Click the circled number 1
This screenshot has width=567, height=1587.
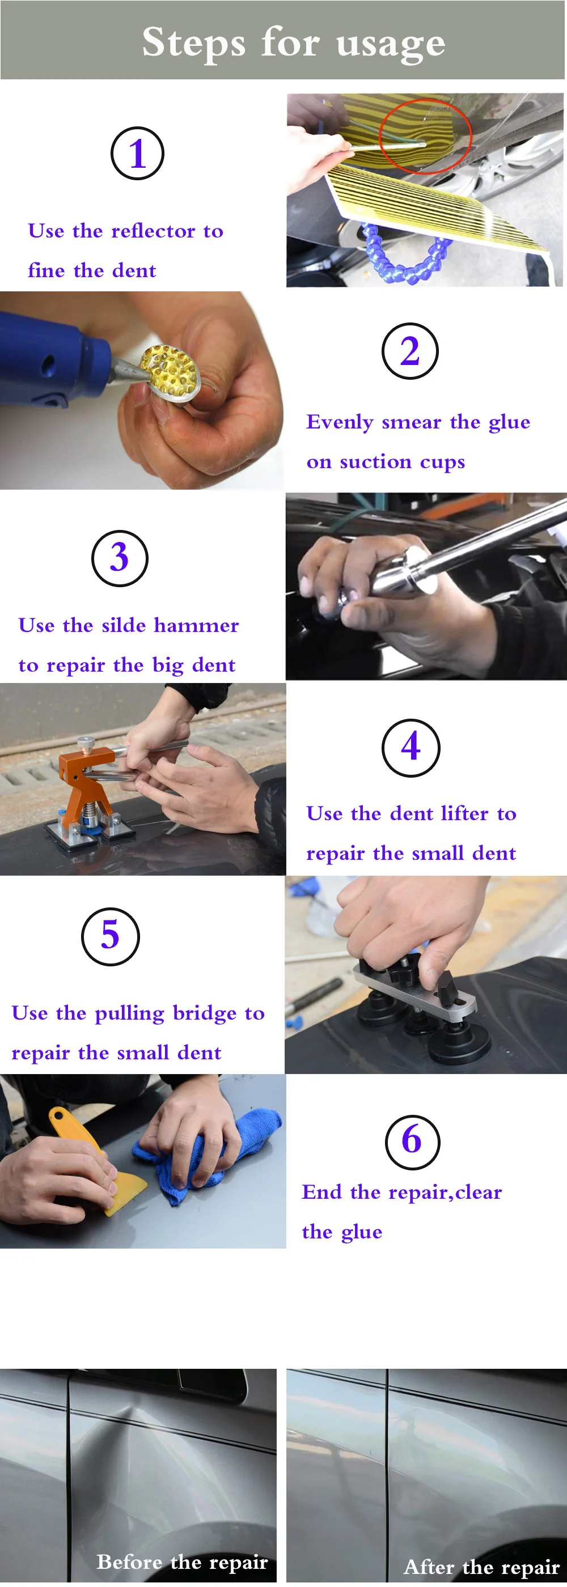click(x=137, y=154)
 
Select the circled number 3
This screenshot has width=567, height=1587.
click(x=120, y=558)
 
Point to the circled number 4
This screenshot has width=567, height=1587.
click(x=411, y=747)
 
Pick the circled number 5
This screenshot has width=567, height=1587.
click(x=111, y=936)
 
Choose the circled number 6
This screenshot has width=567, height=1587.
click(x=412, y=1142)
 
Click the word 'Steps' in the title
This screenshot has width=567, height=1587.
click(x=194, y=43)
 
